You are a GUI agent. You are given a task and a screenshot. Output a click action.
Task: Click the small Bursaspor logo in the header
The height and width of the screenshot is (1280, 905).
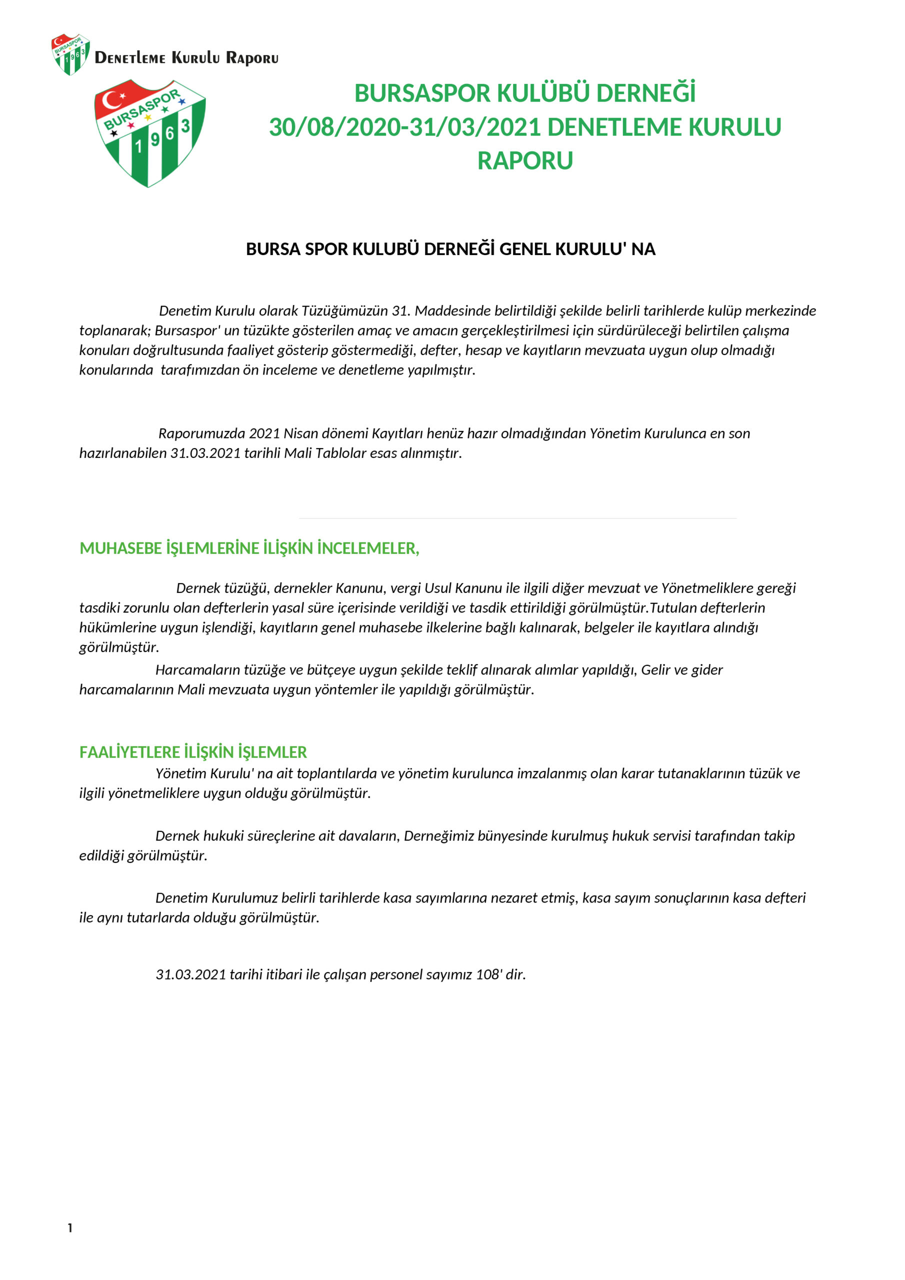tap(71, 54)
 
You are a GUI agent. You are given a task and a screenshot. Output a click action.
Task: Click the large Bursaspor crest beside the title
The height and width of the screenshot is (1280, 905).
tap(149, 132)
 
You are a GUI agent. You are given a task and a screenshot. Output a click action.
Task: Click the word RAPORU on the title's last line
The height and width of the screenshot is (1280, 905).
tap(524, 161)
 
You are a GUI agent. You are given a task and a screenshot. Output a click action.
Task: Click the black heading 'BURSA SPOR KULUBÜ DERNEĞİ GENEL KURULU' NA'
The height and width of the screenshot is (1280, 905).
tap(450, 249)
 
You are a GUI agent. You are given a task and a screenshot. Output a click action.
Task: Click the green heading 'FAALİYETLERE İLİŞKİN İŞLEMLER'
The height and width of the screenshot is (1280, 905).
tap(193, 752)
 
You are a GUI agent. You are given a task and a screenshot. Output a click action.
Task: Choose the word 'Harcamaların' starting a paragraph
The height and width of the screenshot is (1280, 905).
tap(197, 670)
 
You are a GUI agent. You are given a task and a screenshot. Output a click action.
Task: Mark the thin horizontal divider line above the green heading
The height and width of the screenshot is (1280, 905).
tap(517, 518)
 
